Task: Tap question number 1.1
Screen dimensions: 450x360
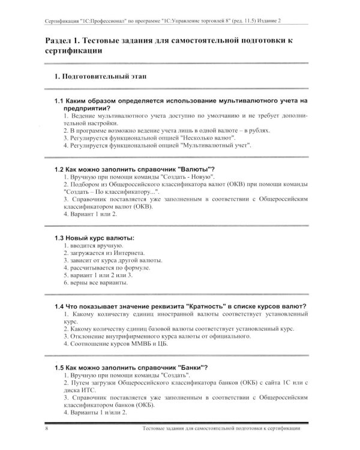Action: pos(61,101)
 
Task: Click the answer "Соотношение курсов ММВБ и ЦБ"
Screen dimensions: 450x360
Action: pos(121,344)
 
